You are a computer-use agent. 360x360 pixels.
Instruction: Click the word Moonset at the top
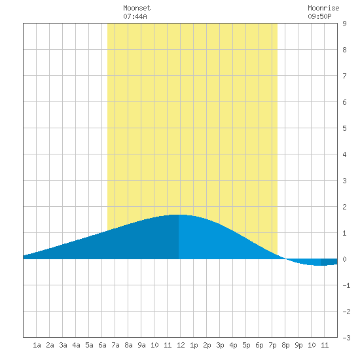click(137, 8)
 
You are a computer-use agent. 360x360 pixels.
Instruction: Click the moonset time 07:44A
click(135, 16)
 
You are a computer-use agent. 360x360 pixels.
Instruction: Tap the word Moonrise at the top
click(323, 8)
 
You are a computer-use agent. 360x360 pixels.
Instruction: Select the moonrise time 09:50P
click(319, 16)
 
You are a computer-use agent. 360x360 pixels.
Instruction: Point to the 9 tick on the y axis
click(344, 24)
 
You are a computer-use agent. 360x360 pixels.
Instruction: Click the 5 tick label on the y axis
click(344, 128)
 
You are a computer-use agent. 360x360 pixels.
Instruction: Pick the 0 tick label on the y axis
click(344, 259)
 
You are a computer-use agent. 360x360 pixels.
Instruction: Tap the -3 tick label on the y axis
click(346, 338)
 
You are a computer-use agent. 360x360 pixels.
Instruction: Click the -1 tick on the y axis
click(346, 285)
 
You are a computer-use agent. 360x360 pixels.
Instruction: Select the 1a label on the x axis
click(37, 345)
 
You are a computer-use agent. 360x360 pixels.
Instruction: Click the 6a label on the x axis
click(102, 345)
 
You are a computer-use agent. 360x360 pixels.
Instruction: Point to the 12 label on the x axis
click(181, 345)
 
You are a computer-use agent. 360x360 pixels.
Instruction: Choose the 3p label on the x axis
click(220, 345)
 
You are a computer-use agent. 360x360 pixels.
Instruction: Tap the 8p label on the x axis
click(285, 345)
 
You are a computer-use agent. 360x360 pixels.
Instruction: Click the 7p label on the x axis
click(272, 345)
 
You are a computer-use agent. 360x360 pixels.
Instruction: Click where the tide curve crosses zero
click(285, 259)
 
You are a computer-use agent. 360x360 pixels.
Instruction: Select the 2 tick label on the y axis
click(344, 207)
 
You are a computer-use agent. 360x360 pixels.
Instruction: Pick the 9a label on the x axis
click(141, 345)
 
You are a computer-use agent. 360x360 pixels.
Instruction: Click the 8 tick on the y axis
click(344, 50)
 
